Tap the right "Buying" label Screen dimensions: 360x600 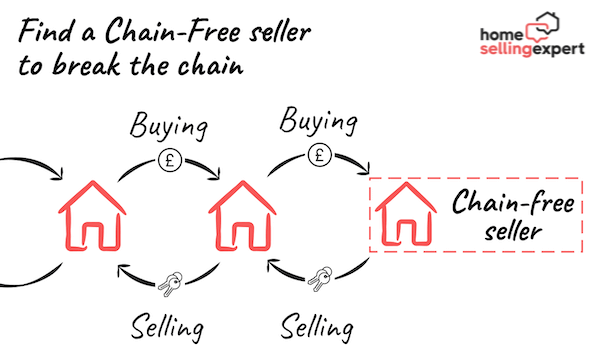pos(317,123)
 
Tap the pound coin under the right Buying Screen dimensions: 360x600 pos(319,155)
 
